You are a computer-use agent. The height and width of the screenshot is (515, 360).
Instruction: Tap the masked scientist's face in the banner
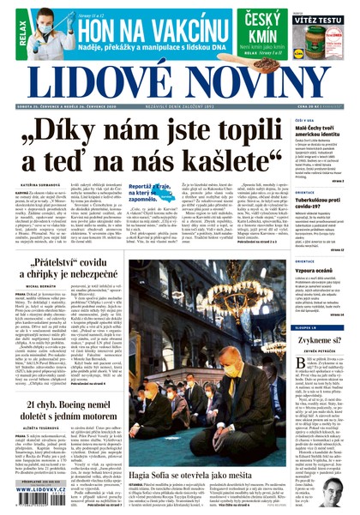45,27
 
